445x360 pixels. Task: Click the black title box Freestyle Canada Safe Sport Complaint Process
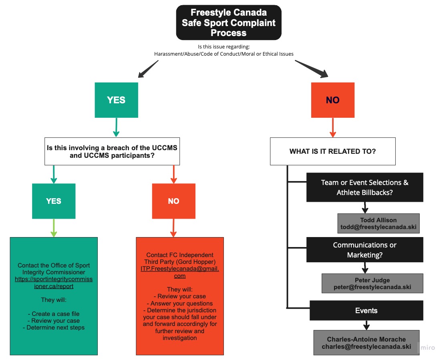click(229, 22)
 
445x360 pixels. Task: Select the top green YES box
click(117, 100)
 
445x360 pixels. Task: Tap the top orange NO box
click(332, 100)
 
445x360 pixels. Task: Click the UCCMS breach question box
click(112, 151)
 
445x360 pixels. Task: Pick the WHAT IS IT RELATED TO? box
click(332, 151)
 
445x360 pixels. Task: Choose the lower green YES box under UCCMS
click(54, 201)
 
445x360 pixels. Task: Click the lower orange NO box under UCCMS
click(174, 201)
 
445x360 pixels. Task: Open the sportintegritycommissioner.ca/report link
click(54, 283)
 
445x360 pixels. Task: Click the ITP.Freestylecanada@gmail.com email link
click(180, 272)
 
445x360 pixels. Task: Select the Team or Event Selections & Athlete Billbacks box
click(364, 187)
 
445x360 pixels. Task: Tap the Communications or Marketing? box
click(364, 249)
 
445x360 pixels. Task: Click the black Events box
click(366, 310)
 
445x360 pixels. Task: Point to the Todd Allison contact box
click(378, 223)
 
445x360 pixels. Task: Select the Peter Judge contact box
click(373, 284)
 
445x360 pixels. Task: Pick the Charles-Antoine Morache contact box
click(366, 343)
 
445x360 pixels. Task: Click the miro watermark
click(428, 348)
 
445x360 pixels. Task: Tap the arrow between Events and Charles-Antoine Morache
click(366, 326)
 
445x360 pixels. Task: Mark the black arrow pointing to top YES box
click(148, 69)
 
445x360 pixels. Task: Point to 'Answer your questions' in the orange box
click(180, 303)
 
